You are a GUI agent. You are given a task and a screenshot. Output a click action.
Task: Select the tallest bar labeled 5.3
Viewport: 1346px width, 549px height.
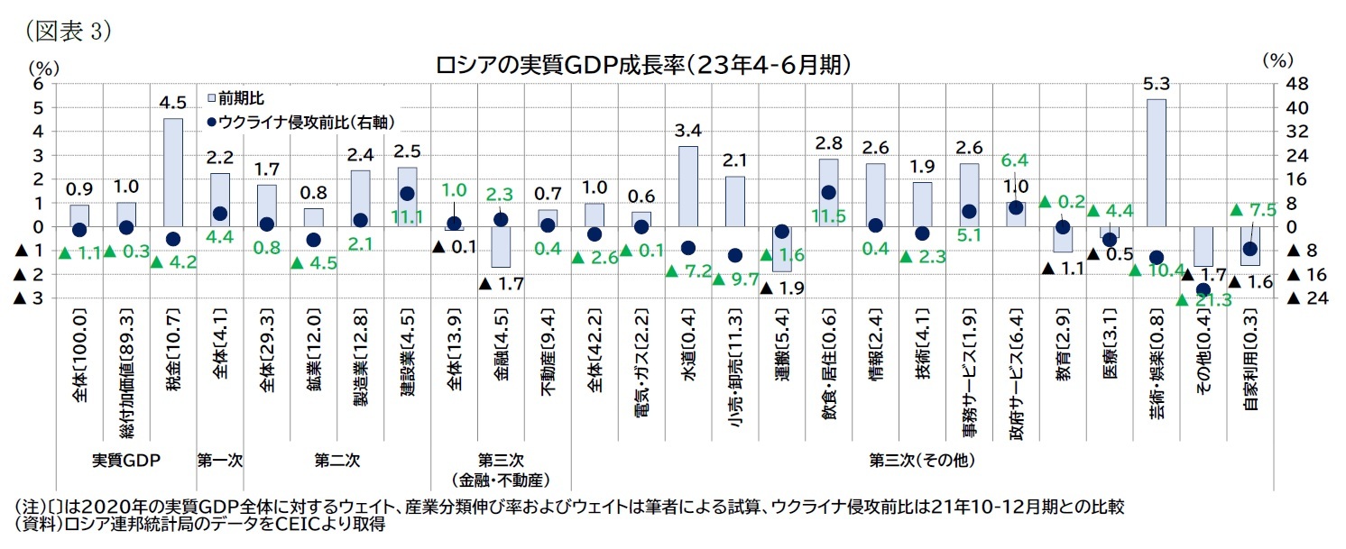[1156, 162]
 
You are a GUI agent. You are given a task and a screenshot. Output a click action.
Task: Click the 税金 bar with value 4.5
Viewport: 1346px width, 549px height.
[172, 172]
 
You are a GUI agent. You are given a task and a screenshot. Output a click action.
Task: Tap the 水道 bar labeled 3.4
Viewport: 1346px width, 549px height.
[687, 186]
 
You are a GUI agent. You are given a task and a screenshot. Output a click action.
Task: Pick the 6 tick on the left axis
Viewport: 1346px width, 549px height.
[38, 84]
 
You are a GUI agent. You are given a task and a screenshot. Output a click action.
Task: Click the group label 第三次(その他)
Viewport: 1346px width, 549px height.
[922, 460]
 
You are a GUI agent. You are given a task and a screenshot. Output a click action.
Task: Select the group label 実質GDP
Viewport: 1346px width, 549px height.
[126, 460]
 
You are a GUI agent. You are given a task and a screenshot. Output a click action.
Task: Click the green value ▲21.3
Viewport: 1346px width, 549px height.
[1206, 300]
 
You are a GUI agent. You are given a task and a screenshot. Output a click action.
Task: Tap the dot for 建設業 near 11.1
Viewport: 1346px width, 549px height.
[407, 194]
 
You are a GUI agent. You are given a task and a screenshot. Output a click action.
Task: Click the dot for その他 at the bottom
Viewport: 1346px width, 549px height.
[1203, 289]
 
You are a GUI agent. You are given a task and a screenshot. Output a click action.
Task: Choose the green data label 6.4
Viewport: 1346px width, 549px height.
[1015, 160]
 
